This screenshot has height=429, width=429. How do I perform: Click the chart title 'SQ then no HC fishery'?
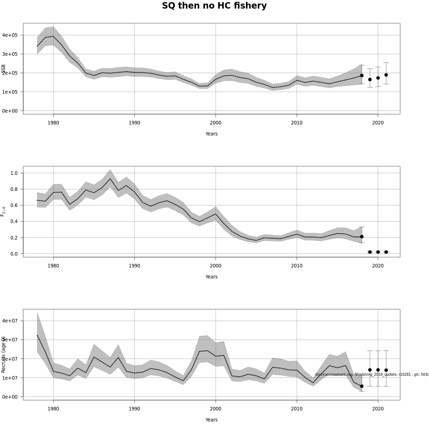pyautogui.click(x=214, y=6)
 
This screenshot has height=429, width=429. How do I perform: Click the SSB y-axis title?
pyautogui.click(x=3, y=69)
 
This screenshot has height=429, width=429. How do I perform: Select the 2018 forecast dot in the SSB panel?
pyautogui.click(x=362, y=75)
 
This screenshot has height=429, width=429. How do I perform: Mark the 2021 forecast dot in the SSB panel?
pyautogui.click(x=386, y=75)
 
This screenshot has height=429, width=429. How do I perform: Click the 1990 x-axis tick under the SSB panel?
pyautogui.click(x=134, y=123)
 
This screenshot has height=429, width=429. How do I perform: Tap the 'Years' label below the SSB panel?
pyautogui.click(x=211, y=134)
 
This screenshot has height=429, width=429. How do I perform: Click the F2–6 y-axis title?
pyautogui.click(x=3, y=211)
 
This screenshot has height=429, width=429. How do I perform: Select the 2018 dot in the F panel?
pyautogui.click(x=362, y=237)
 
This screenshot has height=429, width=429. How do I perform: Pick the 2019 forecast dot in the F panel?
pyautogui.click(x=370, y=252)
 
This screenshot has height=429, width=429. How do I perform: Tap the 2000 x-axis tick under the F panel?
pyautogui.click(x=216, y=266)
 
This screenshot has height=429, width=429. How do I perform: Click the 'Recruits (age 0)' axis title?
pyautogui.click(x=3, y=354)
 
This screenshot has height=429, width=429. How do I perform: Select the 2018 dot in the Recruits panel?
pyautogui.click(x=362, y=386)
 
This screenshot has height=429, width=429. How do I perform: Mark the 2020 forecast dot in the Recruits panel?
pyautogui.click(x=378, y=370)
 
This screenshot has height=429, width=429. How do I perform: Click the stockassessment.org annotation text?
pyautogui.click(x=372, y=374)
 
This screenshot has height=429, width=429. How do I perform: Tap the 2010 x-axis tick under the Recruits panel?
pyautogui.click(x=297, y=409)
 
